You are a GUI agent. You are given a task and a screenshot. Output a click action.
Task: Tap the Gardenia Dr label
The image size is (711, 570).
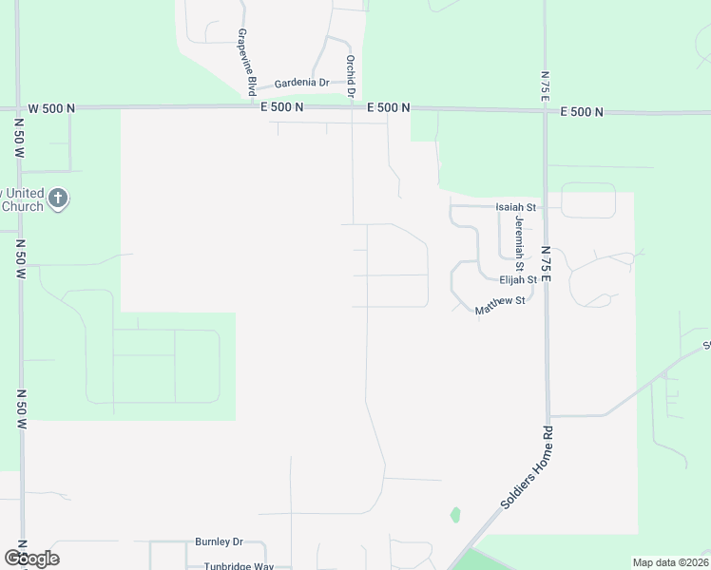coord(301,84)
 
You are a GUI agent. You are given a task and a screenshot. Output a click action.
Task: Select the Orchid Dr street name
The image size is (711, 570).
coord(351,77)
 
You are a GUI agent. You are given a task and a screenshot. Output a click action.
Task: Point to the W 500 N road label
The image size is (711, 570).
coord(51,108)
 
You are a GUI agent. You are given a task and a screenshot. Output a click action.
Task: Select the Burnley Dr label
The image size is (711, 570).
coord(220,542)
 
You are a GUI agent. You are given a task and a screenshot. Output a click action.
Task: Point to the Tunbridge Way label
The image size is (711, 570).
coord(239,566)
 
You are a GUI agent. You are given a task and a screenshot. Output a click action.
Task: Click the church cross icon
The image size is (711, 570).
coord(57,199)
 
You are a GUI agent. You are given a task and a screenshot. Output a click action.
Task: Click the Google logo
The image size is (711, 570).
coord(31,558)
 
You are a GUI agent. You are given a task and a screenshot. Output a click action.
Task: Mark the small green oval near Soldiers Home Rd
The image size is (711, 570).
coord(455,515)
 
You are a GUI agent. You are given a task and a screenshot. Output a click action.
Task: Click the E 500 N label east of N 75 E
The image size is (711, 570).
coord(582,112)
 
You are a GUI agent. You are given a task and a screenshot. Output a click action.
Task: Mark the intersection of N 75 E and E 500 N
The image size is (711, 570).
coord(545,111)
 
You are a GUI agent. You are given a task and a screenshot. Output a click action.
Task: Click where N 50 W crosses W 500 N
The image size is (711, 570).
coord(19,108)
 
